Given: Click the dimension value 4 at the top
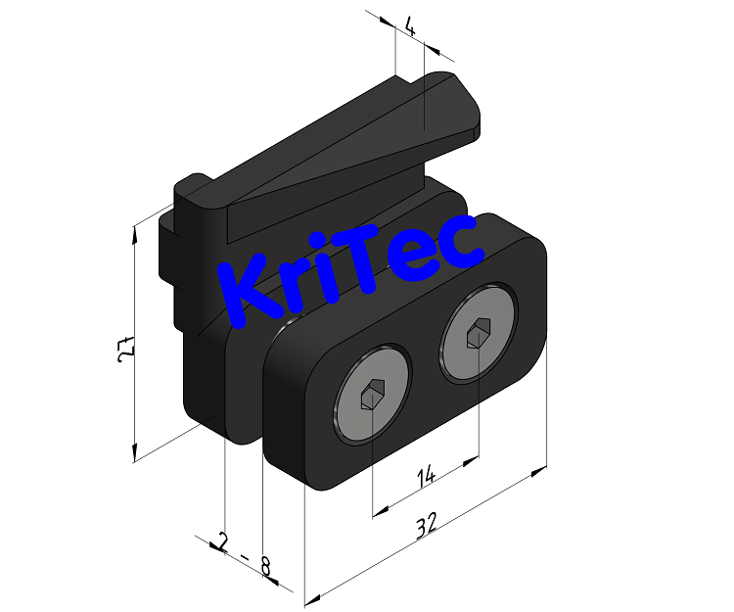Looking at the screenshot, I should pos(410,27).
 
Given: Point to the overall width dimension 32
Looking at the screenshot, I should pos(425,527).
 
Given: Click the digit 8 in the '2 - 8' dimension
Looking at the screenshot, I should pos(264,565).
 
